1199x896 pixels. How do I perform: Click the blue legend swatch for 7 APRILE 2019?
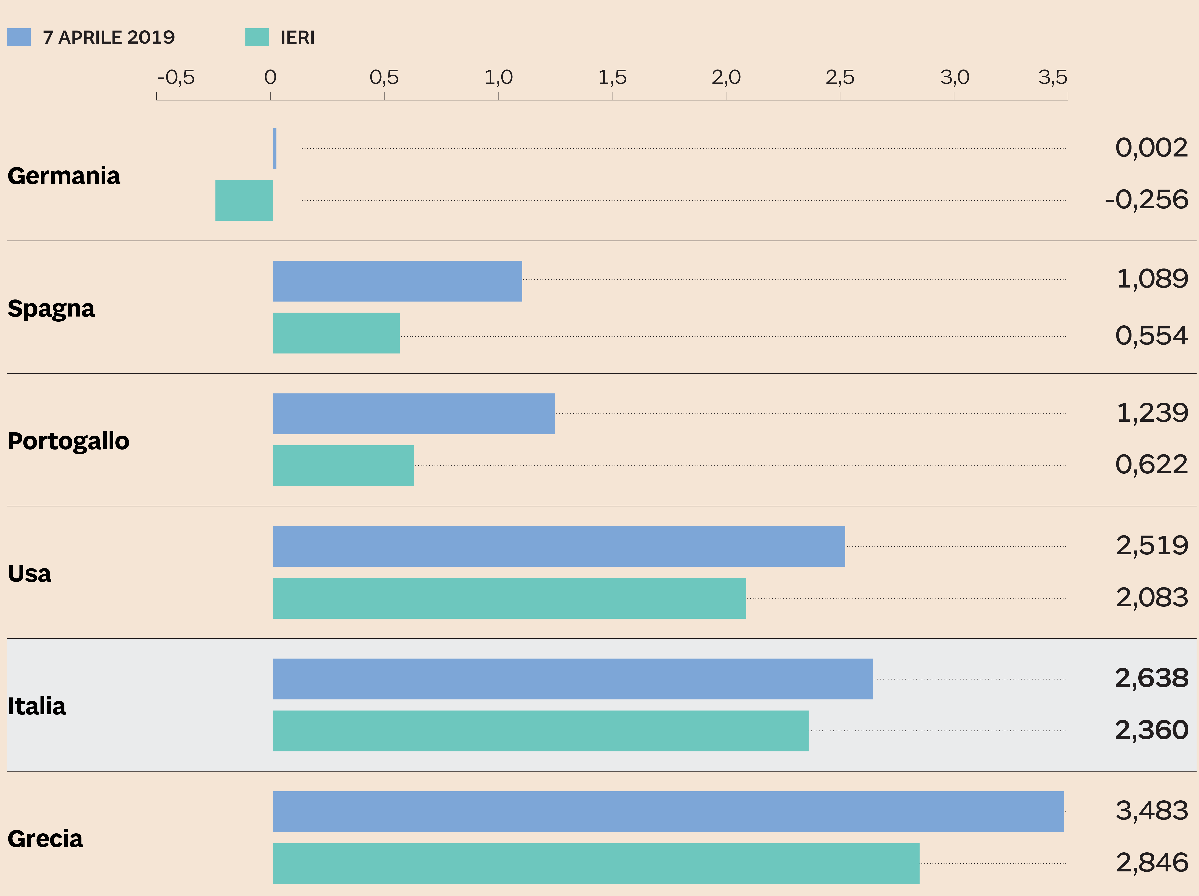18,37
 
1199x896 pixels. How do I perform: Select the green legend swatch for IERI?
257,37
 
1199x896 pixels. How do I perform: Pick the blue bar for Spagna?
397,281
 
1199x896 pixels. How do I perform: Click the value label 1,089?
1152,279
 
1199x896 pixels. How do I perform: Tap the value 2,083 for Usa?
1152,597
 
